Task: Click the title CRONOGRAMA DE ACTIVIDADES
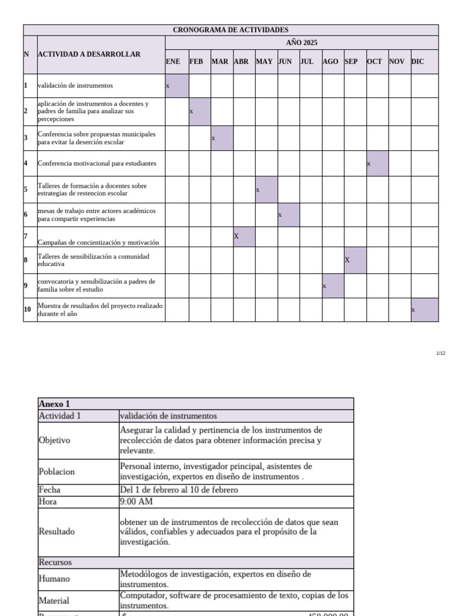pos(230,29)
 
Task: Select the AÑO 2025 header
pos(301,42)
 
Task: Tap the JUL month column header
pos(307,61)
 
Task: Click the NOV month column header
pos(396,61)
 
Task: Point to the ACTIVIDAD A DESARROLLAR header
pos(89,54)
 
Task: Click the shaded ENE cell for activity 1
pos(177,85)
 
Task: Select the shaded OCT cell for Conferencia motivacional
pos(377,164)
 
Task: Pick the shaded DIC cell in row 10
pos(425,310)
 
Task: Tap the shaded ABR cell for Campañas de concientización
pos(244,236)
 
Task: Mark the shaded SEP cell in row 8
pos(355,260)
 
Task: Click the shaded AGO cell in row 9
pos(333,286)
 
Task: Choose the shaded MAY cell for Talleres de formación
pos(266,189)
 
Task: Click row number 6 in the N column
pos(26,215)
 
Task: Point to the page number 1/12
pos(440,353)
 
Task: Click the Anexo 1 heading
pos(54,404)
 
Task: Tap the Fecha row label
pos(49,490)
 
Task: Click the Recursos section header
pos(55,562)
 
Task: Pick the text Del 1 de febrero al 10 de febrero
pos(179,490)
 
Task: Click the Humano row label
pos(54,579)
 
